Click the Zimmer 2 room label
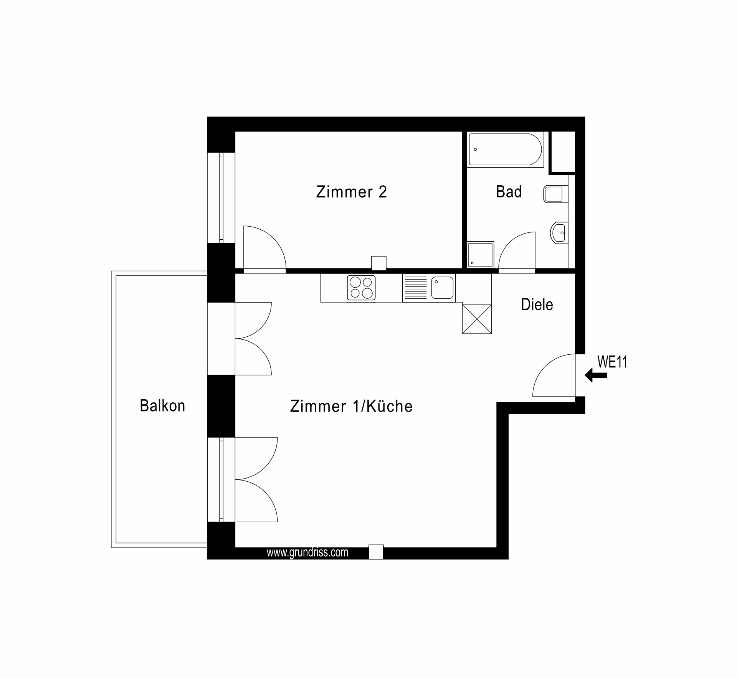click(351, 192)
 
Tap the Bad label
click(509, 191)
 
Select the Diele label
click(537, 304)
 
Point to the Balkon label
click(162, 406)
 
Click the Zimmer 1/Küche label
click(351, 406)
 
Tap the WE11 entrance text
click(612, 362)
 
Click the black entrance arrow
click(596, 375)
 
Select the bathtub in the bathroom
click(505, 150)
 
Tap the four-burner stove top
click(361, 288)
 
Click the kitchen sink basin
click(442, 288)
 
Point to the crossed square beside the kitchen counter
click(477, 319)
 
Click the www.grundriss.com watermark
click(307, 553)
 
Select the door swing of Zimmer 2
click(265, 247)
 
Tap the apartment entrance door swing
click(554, 375)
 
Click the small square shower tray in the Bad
click(481, 255)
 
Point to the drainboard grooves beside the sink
click(415, 288)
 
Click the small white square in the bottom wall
click(376, 552)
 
